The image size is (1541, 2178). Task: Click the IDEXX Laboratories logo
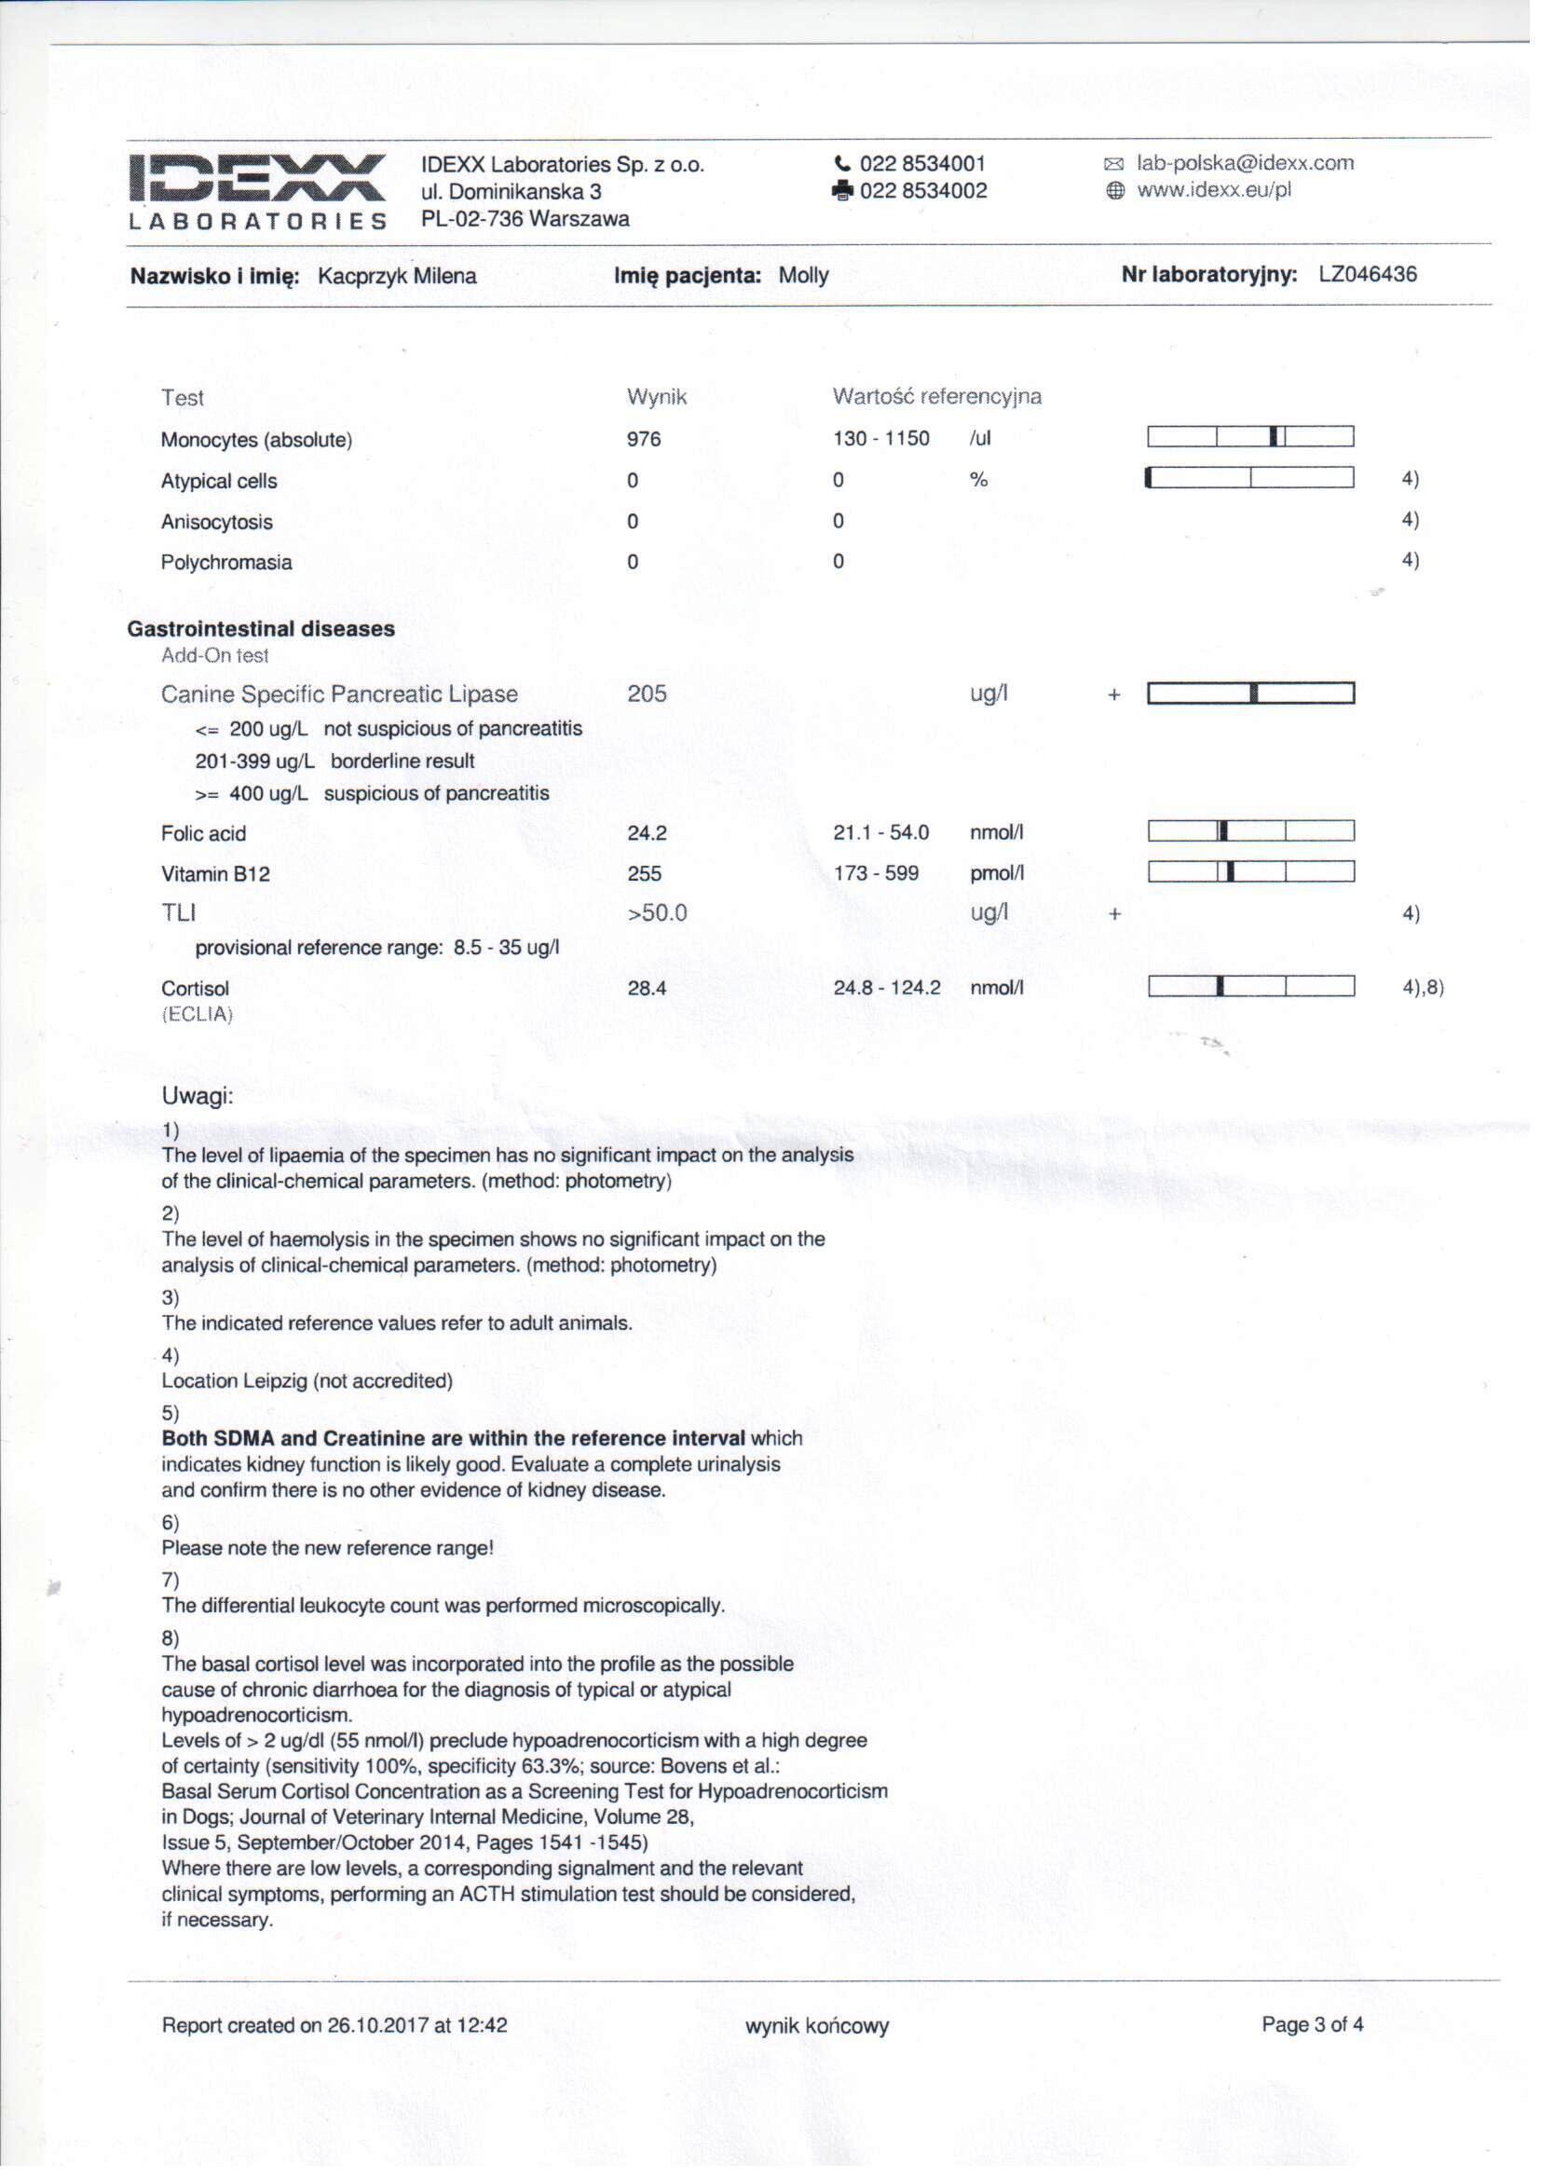click(x=257, y=191)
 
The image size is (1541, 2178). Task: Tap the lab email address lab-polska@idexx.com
click(x=1244, y=162)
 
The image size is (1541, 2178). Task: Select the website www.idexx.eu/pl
click(x=1214, y=190)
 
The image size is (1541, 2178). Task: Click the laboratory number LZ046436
click(x=1368, y=274)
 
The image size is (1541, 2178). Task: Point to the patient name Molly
click(x=803, y=275)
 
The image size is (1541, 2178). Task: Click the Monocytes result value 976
click(x=644, y=438)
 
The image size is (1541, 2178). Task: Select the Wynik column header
click(x=656, y=397)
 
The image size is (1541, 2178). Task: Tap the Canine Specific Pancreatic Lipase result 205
click(x=647, y=693)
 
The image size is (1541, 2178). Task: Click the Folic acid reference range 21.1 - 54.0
click(x=880, y=832)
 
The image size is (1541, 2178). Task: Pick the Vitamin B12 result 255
click(x=644, y=873)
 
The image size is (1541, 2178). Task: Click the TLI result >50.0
click(x=657, y=913)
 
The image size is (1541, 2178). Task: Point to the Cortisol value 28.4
click(x=647, y=988)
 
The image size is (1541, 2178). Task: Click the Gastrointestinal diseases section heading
click(x=261, y=628)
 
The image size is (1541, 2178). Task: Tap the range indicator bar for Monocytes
click(x=1249, y=436)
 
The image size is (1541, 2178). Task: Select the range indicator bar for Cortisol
click(x=1250, y=986)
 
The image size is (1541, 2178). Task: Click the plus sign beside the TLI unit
click(x=1114, y=914)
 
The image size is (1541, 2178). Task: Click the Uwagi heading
click(x=198, y=1096)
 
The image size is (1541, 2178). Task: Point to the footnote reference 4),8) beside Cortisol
click(x=1423, y=987)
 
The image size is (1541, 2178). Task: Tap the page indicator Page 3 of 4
click(x=1312, y=2024)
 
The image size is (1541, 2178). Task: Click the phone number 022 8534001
click(x=921, y=163)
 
